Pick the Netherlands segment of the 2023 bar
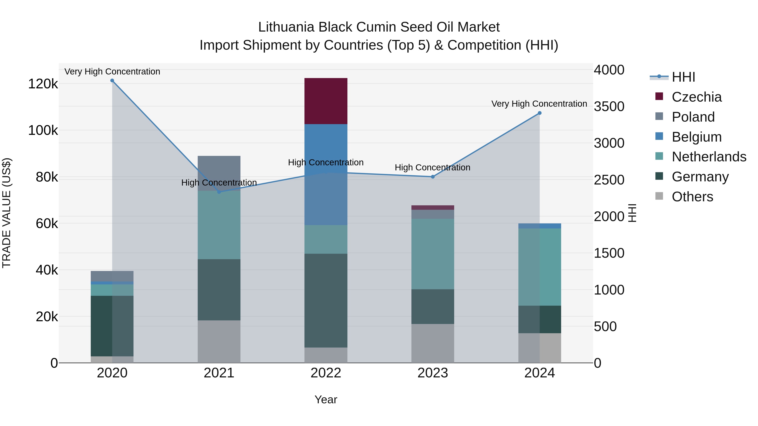click(x=432, y=254)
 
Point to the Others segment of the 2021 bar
click(x=219, y=341)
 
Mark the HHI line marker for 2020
click(x=112, y=81)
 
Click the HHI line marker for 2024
click(x=539, y=113)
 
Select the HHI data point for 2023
click(x=432, y=177)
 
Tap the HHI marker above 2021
click(x=219, y=192)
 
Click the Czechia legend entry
click(x=697, y=97)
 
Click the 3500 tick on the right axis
click(x=609, y=106)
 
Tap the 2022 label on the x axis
click(x=326, y=373)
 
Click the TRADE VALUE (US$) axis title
click(x=7, y=213)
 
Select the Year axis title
click(x=326, y=399)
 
